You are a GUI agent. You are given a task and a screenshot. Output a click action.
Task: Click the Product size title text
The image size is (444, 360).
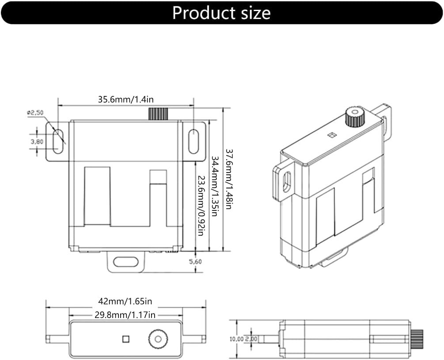pyautogui.click(x=221, y=13)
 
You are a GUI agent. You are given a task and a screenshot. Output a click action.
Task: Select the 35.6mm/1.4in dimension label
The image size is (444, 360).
pyautogui.click(x=126, y=100)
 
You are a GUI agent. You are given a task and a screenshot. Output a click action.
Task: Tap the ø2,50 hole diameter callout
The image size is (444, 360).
pyautogui.click(x=35, y=112)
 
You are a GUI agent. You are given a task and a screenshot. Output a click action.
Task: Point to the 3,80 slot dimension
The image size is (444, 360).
pyautogui.click(x=37, y=142)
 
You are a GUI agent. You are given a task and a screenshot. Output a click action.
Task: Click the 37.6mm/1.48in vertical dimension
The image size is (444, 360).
pyautogui.click(x=228, y=179)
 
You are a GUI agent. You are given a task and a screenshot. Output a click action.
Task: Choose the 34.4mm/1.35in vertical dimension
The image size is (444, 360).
pyautogui.click(x=214, y=186)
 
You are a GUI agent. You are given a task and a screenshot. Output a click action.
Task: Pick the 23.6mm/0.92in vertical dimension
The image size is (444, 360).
pyautogui.click(x=201, y=206)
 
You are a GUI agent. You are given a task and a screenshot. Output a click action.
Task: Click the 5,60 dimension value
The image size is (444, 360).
pyautogui.click(x=195, y=261)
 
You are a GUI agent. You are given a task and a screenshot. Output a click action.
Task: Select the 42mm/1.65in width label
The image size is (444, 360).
pyautogui.click(x=125, y=301)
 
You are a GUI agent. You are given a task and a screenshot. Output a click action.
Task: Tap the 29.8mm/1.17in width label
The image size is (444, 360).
pyautogui.click(x=125, y=315)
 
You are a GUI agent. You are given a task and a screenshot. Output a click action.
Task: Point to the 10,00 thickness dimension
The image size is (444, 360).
pyautogui.click(x=236, y=339)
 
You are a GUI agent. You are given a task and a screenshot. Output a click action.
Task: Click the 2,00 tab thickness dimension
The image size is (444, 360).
pyautogui.click(x=251, y=339)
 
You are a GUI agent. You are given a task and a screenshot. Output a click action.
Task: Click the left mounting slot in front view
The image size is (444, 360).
pyautogui.click(x=58, y=142)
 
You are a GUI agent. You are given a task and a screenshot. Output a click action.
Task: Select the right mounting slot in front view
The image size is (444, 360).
pyautogui.click(x=194, y=142)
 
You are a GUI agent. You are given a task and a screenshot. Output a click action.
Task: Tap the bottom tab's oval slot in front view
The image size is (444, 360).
pyautogui.click(x=126, y=262)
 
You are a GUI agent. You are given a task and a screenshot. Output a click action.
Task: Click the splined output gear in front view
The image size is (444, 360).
pyautogui.click(x=158, y=114)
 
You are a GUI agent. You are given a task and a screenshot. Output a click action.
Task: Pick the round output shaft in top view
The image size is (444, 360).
pyautogui.click(x=158, y=339)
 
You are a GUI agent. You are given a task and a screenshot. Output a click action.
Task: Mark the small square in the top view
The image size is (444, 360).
pyautogui.click(x=125, y=339)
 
